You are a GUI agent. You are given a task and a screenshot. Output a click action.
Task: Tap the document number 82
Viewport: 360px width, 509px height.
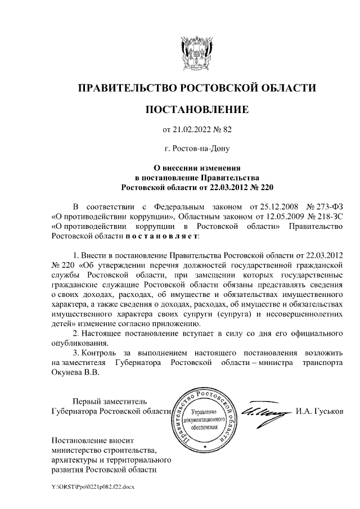[x=227, y=130]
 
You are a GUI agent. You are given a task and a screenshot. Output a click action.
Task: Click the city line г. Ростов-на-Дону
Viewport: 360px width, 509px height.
[x=197, y=149]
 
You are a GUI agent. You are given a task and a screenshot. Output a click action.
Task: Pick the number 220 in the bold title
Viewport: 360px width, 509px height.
[x=266, y=186]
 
